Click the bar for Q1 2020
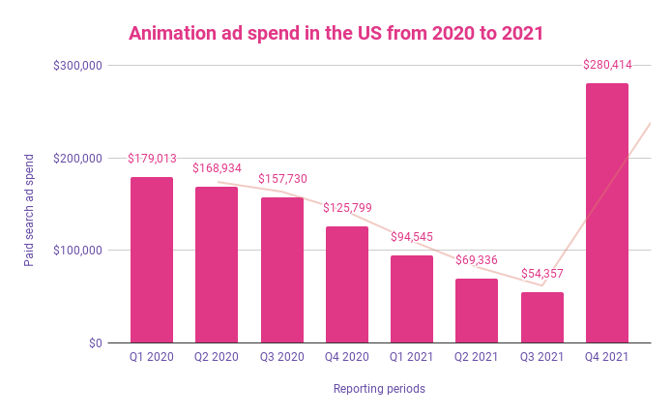tap(152, 260)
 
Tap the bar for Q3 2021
tap(541, 317)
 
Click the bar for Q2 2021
tap(477, 311)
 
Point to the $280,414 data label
tap(607, 65)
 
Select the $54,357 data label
tap(541, 274)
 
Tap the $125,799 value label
tap(347, 208)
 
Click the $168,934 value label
tap(217, 168)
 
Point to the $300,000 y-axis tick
tap(79, 66)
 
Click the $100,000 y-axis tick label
tap(79, 251)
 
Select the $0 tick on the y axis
tap(94, 343)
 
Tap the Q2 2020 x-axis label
tap(217, 358)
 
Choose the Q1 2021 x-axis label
tap(412, 358)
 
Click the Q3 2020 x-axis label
tap(281, 358)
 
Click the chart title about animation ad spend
tap(336, 33)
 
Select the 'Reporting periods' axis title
tap(379, 389)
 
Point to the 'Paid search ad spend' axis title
tap(30, 209)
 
